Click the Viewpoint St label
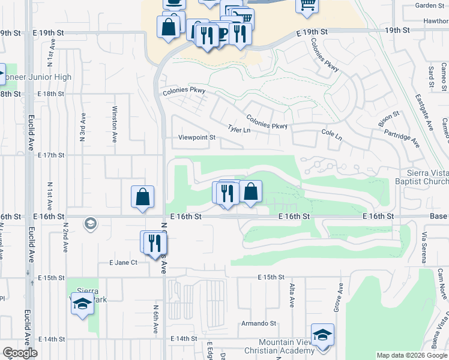coord(196,137)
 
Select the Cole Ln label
coord(331,135)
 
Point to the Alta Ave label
coord(292,295)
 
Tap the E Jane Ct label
coord(123,262)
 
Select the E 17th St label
coord(50,155)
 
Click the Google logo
coord(20,353)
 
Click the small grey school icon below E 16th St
coord(89,224)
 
